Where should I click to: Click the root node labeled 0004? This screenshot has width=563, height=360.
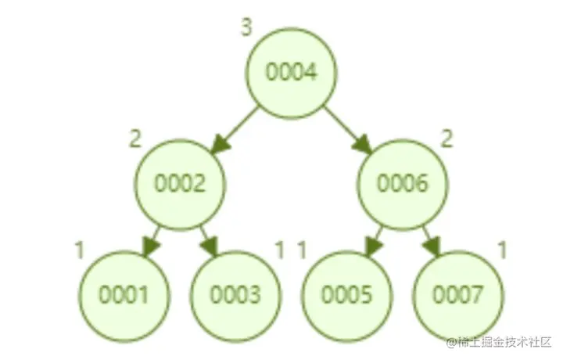click(291, 72)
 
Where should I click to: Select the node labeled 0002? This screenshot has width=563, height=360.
click(180, 184)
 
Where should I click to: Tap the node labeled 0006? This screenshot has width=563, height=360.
click(403, 184)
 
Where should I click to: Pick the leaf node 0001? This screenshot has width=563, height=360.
click(124, 295)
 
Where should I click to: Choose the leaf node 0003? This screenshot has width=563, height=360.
click(235, 295)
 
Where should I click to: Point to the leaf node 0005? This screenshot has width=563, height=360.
click(347, 295)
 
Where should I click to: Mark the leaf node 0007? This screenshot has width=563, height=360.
click(458, 295)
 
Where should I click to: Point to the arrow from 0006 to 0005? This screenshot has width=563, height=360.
click(375, 239)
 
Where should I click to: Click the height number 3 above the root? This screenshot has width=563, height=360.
click(246, 29)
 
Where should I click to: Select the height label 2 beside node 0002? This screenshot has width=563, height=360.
click(135, 140)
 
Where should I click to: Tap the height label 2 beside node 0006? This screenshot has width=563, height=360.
click(447, 140)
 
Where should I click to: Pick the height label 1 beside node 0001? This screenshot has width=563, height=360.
click(79, 250)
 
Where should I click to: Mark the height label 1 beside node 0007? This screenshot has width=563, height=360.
click(503, 250)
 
